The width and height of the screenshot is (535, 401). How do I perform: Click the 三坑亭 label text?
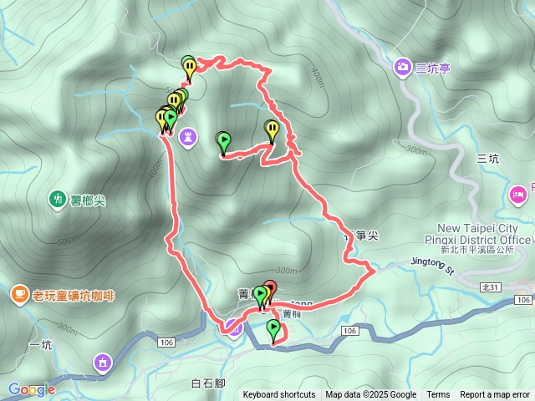point(433,69)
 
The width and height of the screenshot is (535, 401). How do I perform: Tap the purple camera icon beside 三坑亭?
point(403,66)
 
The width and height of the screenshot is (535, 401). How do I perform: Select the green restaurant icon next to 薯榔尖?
point(57,199)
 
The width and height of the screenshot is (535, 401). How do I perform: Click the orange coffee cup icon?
point(18,294)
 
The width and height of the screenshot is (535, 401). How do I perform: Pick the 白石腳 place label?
point(208,383)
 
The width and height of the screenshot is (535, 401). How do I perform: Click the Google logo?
point(32,389)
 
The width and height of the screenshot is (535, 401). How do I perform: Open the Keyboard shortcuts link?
point(279,395)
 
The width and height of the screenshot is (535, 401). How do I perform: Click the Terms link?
point(438,395)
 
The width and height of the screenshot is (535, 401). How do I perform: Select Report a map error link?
point(495,395)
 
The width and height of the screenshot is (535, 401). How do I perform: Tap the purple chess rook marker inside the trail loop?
point(190,135)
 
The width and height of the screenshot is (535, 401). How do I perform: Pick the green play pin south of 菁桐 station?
point(273,328)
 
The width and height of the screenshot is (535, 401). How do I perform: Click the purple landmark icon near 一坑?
point(103,362)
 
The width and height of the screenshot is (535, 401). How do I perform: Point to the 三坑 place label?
point(487,158)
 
